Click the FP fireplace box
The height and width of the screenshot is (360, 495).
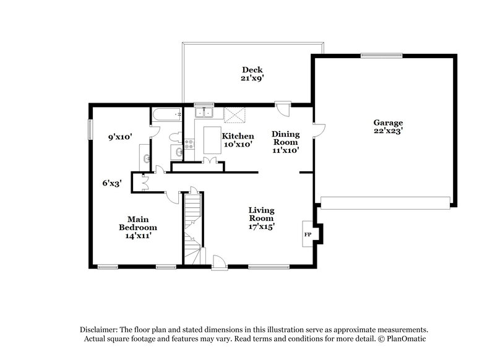click(x=308, y=234)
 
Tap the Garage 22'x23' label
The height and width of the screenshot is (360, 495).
click(x=387, y=127)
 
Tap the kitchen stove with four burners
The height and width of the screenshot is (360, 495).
click(x=190, y=145)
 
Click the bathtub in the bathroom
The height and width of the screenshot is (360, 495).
click(x=166, y=113)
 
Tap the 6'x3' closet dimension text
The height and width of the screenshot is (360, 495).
click(x=112, y=183)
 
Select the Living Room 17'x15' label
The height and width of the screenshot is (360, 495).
click(x=262, y=218)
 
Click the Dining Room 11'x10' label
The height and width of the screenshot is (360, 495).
click(x=285, y=142)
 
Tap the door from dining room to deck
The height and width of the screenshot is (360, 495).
click(x=283, y=109)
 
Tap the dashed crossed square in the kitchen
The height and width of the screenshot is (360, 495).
click(x=235, y=113)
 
